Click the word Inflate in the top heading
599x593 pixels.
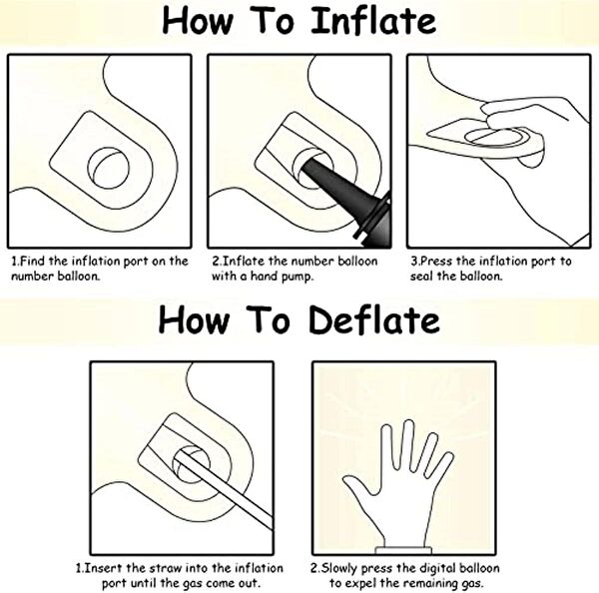(373, 21)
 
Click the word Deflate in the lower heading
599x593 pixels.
(374, 320)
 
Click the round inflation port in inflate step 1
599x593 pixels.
(108, 168)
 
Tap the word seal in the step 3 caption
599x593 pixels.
(421, 276)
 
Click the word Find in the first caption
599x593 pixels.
(32, 262)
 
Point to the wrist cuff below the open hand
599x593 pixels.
(403, 550)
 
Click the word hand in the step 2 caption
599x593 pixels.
(264, 276)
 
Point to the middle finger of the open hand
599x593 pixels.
(408, 443)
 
